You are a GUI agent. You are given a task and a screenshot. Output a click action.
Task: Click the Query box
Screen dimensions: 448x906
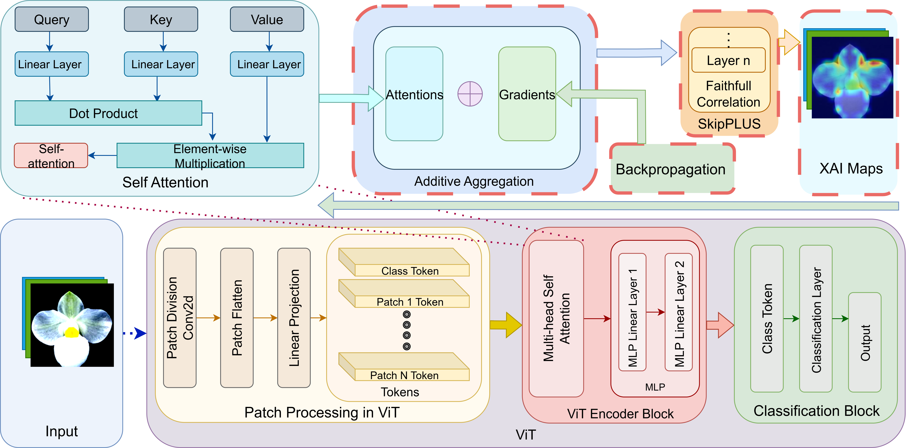click(52, 19)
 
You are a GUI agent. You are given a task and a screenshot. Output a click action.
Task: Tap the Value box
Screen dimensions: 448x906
click(267, 19)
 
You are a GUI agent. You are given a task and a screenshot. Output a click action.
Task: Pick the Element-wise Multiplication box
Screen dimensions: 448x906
click(210, 156)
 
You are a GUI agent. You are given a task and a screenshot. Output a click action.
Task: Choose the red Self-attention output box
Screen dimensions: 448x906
click(51, 156)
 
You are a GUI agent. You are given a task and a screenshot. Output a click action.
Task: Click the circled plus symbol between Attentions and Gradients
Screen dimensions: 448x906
click(470, 94)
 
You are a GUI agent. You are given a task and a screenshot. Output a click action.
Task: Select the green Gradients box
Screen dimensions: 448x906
click(527, 94)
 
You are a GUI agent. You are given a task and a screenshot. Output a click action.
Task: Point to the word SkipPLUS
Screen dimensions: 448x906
click(729, 124)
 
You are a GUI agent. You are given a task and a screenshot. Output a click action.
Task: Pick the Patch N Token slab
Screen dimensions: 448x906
click(404, 375)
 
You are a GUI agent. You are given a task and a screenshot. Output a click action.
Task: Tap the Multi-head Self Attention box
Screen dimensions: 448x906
click(556, 318)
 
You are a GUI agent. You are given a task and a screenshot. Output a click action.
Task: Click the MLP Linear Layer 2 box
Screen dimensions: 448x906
click(678, 312)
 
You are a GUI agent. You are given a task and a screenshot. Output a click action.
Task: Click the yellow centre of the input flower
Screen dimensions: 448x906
click(72, 332)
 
